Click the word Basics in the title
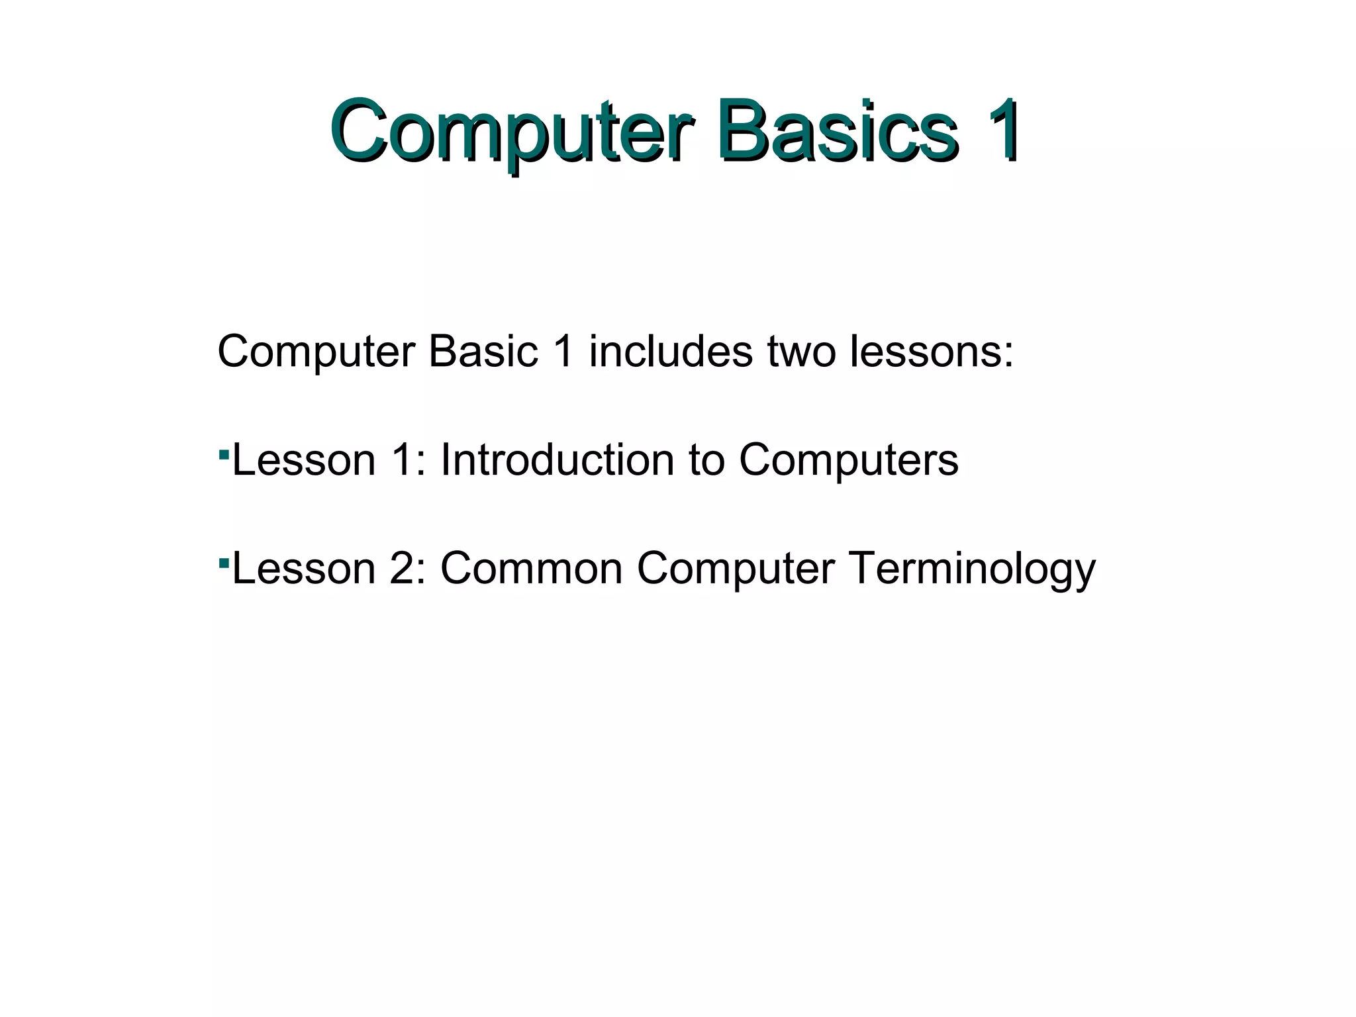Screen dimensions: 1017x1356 pyautogui.click(x=837, y=130)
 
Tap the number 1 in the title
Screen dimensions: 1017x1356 pyautogui.click(x=1000, y=130)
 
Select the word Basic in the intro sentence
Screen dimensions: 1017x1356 pyautogui.click(x=483, y=351)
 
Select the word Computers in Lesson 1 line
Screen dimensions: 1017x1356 pyautogui.click(x=848, y=460)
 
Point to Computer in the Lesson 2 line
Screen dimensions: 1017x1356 pyautogui.click(x=736, y=568)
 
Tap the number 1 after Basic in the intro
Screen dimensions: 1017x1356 pyautogui.click(x=563, y=351)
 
